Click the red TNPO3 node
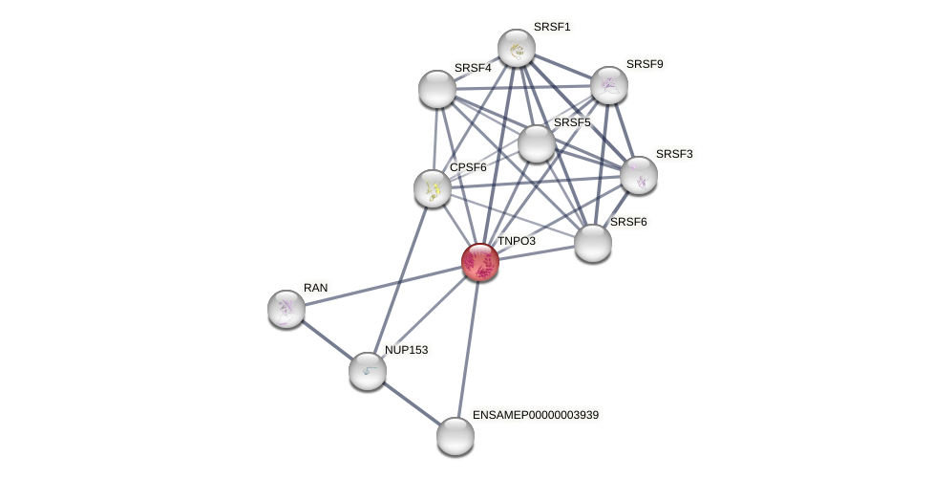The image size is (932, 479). coord(480,262)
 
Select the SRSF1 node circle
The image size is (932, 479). coord(517,48)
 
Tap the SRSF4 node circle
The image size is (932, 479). coord(437,89)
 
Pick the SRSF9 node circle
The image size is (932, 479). coord(609,85)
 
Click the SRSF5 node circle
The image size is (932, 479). coord(537,143)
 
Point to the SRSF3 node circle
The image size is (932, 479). coord(639,175)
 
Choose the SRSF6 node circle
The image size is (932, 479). coord(593,243)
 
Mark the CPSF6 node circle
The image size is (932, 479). coord(433,188)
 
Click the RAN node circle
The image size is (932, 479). coord(286,309)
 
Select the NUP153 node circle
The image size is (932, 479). coord(368,371)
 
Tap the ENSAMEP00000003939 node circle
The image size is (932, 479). coord(455,436)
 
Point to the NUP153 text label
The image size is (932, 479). coord(406,350)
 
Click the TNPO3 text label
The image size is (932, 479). coord(516,241)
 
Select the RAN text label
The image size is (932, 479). coord(315,288)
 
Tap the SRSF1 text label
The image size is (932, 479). coord(551,27)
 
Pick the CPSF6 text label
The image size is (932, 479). coord(468,167)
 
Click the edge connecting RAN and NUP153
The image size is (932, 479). coord(327,339)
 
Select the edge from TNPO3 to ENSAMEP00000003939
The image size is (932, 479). coord(468,349)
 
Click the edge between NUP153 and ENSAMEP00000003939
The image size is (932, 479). coord(412,403)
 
